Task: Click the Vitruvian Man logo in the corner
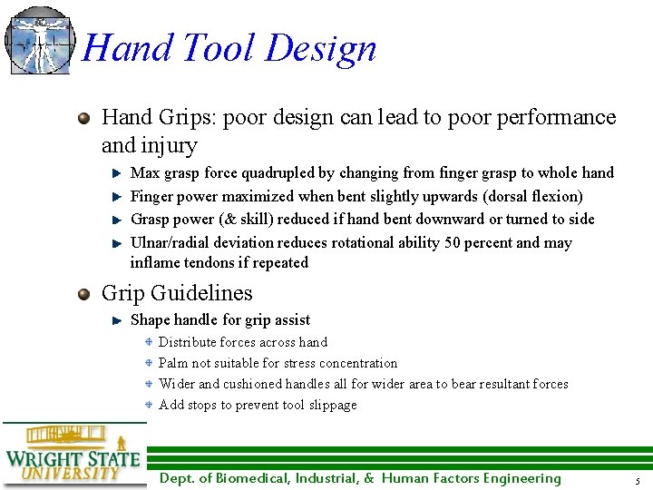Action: pos(38,40)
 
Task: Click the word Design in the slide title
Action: pos(321,48)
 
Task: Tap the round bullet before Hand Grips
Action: pos(84,118)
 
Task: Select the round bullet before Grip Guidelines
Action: pos(84,293)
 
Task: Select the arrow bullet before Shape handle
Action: pos(117,320)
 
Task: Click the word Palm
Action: pos(174,363)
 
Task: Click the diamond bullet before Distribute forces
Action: pos(150,342)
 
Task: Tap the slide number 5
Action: pos(638,480)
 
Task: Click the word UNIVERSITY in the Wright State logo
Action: pos(70,473)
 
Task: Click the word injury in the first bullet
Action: pos(168,145)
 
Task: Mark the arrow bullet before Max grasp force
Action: pos(117,172)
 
